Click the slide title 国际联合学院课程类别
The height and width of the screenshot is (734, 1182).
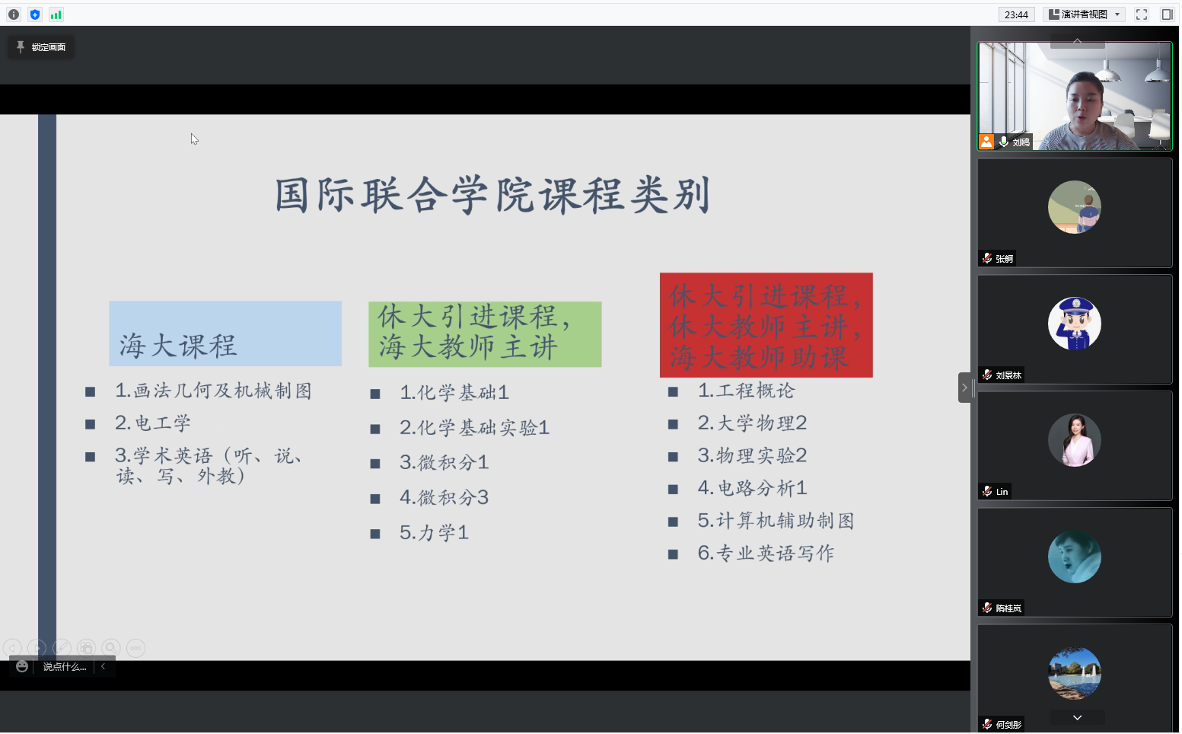(493, 195)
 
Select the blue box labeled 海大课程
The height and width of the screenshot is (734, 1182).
(225, 333)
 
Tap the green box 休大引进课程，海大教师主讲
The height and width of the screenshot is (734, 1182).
(485, 334)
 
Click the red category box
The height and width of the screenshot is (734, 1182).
(766, 325)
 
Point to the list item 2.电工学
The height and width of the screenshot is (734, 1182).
(153, 423)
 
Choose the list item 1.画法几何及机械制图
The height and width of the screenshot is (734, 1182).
(214, 391)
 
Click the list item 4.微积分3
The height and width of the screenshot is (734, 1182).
(444, 497)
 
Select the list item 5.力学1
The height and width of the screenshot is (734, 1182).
(435, 532)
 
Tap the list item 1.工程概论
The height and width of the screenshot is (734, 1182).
(746, 391)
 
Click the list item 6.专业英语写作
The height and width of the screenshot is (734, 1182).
(766, 554)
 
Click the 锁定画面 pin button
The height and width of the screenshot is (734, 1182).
(41, 47)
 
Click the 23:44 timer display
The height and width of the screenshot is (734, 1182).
(1016, 14)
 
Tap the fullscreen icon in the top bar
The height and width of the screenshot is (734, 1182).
(1142, 14)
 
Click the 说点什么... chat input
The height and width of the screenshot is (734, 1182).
(65, 667)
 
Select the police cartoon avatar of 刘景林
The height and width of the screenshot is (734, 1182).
(1075, 323)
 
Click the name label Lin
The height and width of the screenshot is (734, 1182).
(1002, 492)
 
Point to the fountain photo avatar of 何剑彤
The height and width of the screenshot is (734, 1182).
(1075, 673)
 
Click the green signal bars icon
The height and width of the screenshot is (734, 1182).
(56, 14)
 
